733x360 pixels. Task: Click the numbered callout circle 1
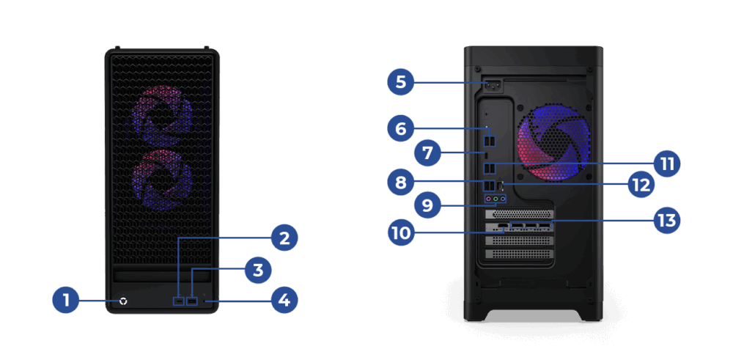pos(66,300)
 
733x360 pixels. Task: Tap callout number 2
pos(284,238)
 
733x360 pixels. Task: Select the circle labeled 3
pos(258,270)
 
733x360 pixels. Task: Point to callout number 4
pos(284,300)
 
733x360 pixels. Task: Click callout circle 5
pos(401,83)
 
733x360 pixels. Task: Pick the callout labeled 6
pos(401,128)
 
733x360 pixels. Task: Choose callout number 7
pos(427,154)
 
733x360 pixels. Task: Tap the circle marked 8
pos(401,182)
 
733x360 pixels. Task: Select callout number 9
pos(427,206)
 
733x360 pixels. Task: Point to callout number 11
pos(666,164)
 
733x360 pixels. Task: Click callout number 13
pos(666,220)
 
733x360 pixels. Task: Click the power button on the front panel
pos(123,301)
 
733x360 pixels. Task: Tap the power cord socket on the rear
pos(493,86)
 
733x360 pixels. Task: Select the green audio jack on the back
pos(496,199)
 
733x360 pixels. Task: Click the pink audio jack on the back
pos(488,199)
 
